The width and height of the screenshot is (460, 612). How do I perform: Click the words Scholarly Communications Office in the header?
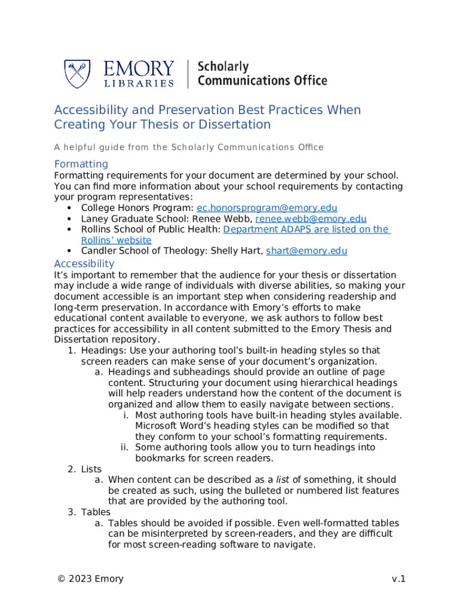point(262,74)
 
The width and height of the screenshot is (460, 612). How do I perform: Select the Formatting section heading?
point(81,164)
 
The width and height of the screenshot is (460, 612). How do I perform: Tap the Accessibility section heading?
point(84,264)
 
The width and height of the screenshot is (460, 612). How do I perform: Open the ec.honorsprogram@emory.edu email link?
point(267,208)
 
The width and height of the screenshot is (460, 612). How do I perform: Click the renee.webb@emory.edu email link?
point(311,219)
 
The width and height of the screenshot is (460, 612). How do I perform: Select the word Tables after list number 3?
point(96,512)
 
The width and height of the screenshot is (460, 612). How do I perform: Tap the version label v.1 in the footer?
point(398,579)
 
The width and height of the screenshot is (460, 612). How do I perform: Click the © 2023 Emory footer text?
point(90,579)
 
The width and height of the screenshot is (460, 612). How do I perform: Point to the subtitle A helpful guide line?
point(189,147)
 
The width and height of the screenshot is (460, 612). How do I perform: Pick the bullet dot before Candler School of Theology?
point(70,251)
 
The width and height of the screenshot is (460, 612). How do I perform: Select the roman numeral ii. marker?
point(125,447)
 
